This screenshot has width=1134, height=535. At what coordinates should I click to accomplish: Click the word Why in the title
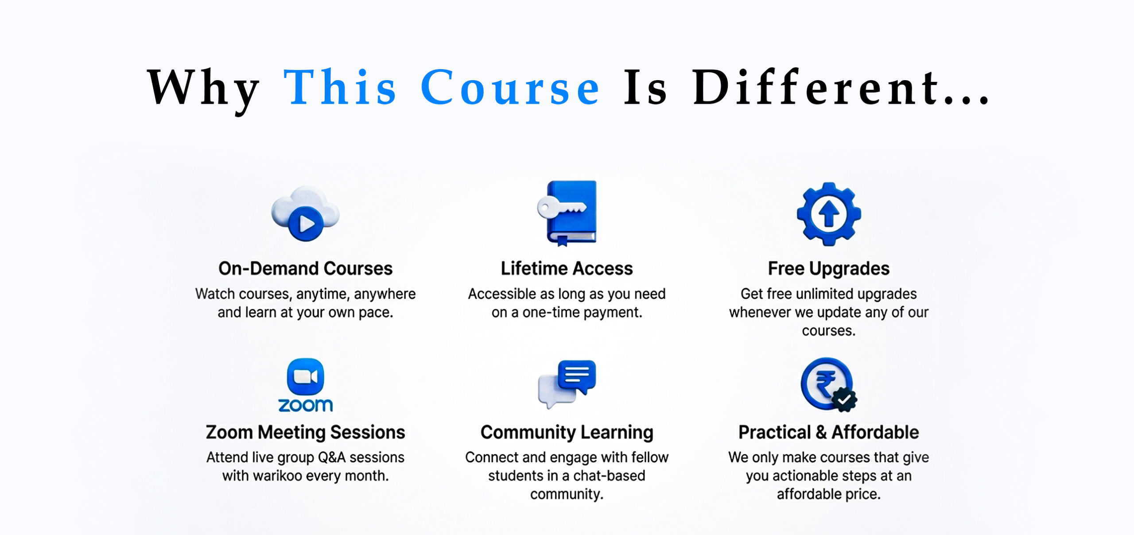pyautogui.click(x=203, y=88)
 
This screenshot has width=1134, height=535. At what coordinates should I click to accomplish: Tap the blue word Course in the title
pyautogui.click(x=510, y=87)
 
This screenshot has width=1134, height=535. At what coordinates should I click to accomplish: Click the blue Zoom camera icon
pyautogui.click(x=306, y=376)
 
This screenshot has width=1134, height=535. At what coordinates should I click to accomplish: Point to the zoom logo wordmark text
pyautogui.click(x=306, y=405)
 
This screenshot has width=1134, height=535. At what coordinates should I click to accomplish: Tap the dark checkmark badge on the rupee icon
pyautogui.click(x=844, y=399)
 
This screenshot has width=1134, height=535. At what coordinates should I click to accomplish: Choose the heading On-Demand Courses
pyautogui.click(x=306, y=268)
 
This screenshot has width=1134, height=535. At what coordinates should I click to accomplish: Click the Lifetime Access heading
pyautogui.click(x=567, y=268)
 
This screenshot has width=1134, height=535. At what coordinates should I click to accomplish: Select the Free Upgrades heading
pyautogui.click(x=829, y=269)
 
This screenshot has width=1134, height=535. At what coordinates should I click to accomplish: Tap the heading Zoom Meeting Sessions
pyautogui.click(x=306, y=432)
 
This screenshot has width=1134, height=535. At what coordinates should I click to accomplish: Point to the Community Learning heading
pyautogui.click(x=567, y=432)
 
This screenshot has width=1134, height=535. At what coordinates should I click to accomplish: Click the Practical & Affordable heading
pyautogui.click(x=829, y=432)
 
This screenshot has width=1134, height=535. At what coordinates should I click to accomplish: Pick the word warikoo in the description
pyautogui.click(x=294, y=476)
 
